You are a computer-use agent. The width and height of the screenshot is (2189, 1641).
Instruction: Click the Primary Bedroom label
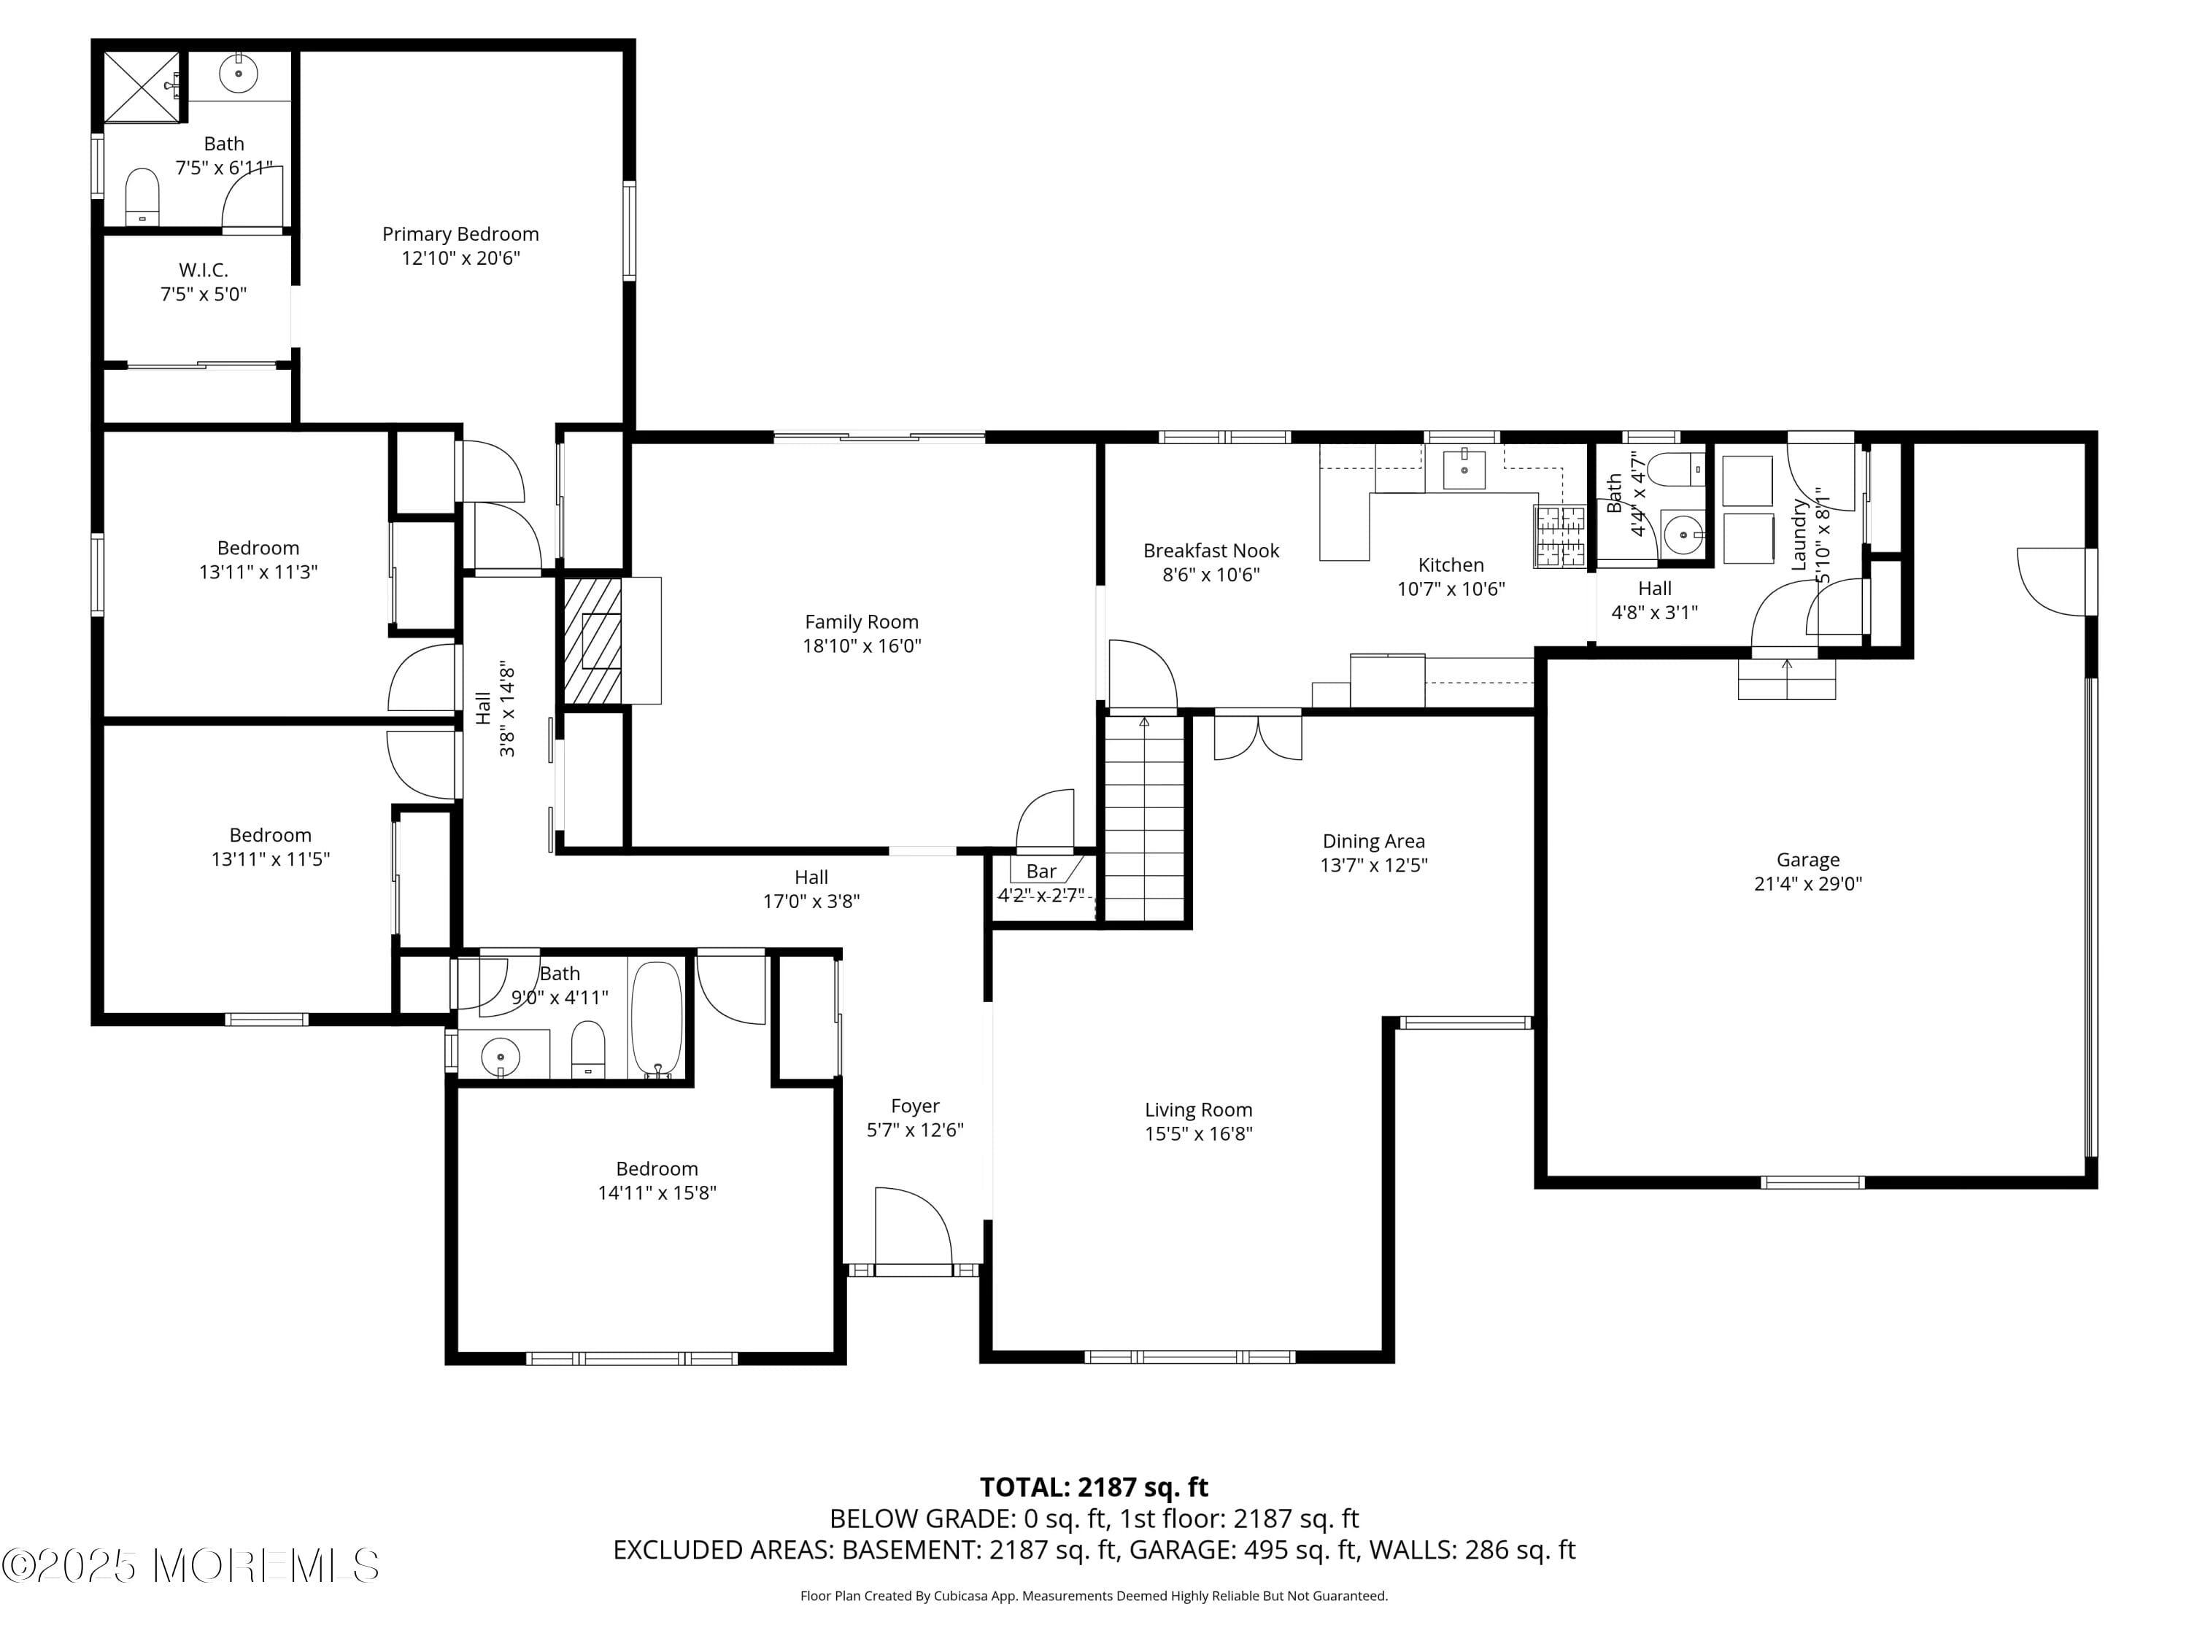(460, 234)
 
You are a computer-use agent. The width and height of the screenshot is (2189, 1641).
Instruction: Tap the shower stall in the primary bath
(142, 87)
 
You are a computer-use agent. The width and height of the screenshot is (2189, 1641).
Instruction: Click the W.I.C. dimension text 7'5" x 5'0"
(203, 294)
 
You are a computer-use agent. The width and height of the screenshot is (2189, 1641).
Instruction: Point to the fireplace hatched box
(592, 641)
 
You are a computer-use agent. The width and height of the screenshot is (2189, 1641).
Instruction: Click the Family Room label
(861, 622)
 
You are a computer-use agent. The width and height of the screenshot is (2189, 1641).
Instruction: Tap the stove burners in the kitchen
(1559, 536)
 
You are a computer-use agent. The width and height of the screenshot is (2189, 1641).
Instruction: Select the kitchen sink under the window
(1464, 469)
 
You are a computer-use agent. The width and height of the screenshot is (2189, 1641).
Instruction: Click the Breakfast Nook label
(1211, 551)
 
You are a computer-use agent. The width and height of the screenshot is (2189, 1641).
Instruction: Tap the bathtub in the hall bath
(656, 1018)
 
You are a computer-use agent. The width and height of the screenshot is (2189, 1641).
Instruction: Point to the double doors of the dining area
(1256, 737)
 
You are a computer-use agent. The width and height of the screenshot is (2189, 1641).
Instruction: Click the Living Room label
(1198, 1110)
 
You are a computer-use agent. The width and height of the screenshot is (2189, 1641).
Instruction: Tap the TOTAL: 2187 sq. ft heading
(1094, 1486)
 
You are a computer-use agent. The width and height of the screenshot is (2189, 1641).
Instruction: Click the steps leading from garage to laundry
(1786, 680)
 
